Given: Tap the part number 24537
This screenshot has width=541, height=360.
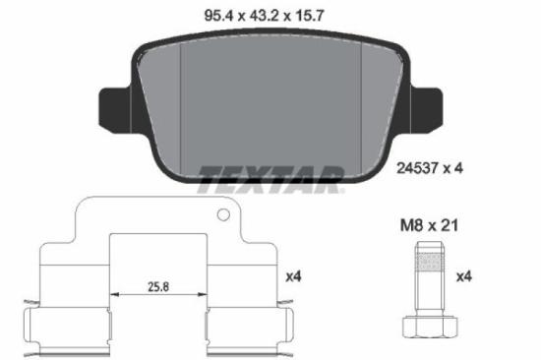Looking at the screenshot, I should [x=419, y=168].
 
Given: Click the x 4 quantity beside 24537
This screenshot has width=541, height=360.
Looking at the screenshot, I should [x=453, y=168].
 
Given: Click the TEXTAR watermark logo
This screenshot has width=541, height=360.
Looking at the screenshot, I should [x=270, y=177].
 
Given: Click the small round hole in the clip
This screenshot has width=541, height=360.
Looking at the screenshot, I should [x=223, y=214].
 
